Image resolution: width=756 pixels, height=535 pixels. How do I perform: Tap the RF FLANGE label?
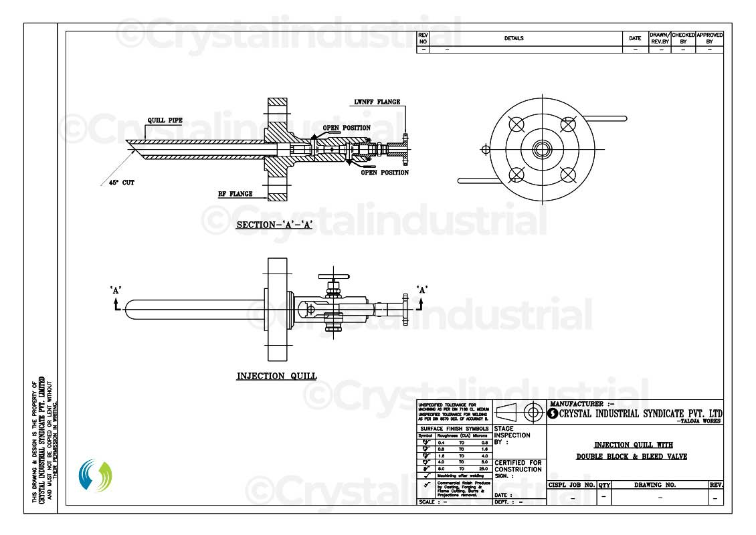pos(235,195)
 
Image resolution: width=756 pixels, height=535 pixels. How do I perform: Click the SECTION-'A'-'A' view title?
pos(274,225)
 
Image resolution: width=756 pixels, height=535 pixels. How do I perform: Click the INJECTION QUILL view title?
pos(276,377)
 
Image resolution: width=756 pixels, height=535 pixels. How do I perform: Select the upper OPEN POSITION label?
pos(346,128)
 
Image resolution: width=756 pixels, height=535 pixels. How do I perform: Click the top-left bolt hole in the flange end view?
pos(516,124)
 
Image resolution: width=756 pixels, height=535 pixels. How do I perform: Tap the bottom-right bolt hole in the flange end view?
pos(567,175)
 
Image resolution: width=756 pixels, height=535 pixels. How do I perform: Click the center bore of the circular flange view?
pos(541,149)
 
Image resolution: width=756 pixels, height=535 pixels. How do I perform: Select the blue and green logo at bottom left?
pos(95,475)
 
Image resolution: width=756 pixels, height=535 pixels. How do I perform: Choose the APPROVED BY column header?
pos(709,38)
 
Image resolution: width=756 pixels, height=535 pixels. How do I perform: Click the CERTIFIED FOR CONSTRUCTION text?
pos(518,467)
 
